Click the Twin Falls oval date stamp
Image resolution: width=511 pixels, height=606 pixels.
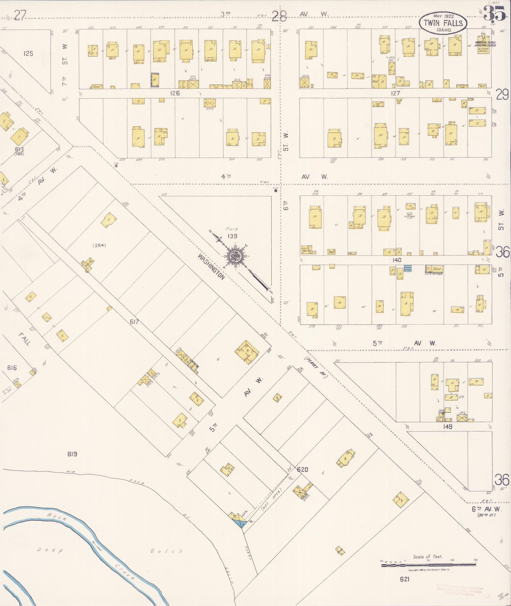tap(443, 23)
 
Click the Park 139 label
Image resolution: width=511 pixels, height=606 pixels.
tap(232, 233)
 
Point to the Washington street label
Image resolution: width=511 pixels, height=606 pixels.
tap(211, 267)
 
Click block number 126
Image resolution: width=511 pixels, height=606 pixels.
tap(175, 93)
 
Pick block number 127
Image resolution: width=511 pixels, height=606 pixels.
tap(395, 93)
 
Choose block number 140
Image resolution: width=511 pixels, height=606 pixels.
tap(396, 260)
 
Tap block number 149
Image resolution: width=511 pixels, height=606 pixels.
tap(447, 427)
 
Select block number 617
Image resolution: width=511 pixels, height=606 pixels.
tap(134, 322)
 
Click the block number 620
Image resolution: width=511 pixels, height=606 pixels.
tap(302, 470)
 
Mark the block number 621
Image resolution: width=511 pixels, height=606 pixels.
tap(405, 579)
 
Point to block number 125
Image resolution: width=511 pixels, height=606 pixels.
tap(28, 53)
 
